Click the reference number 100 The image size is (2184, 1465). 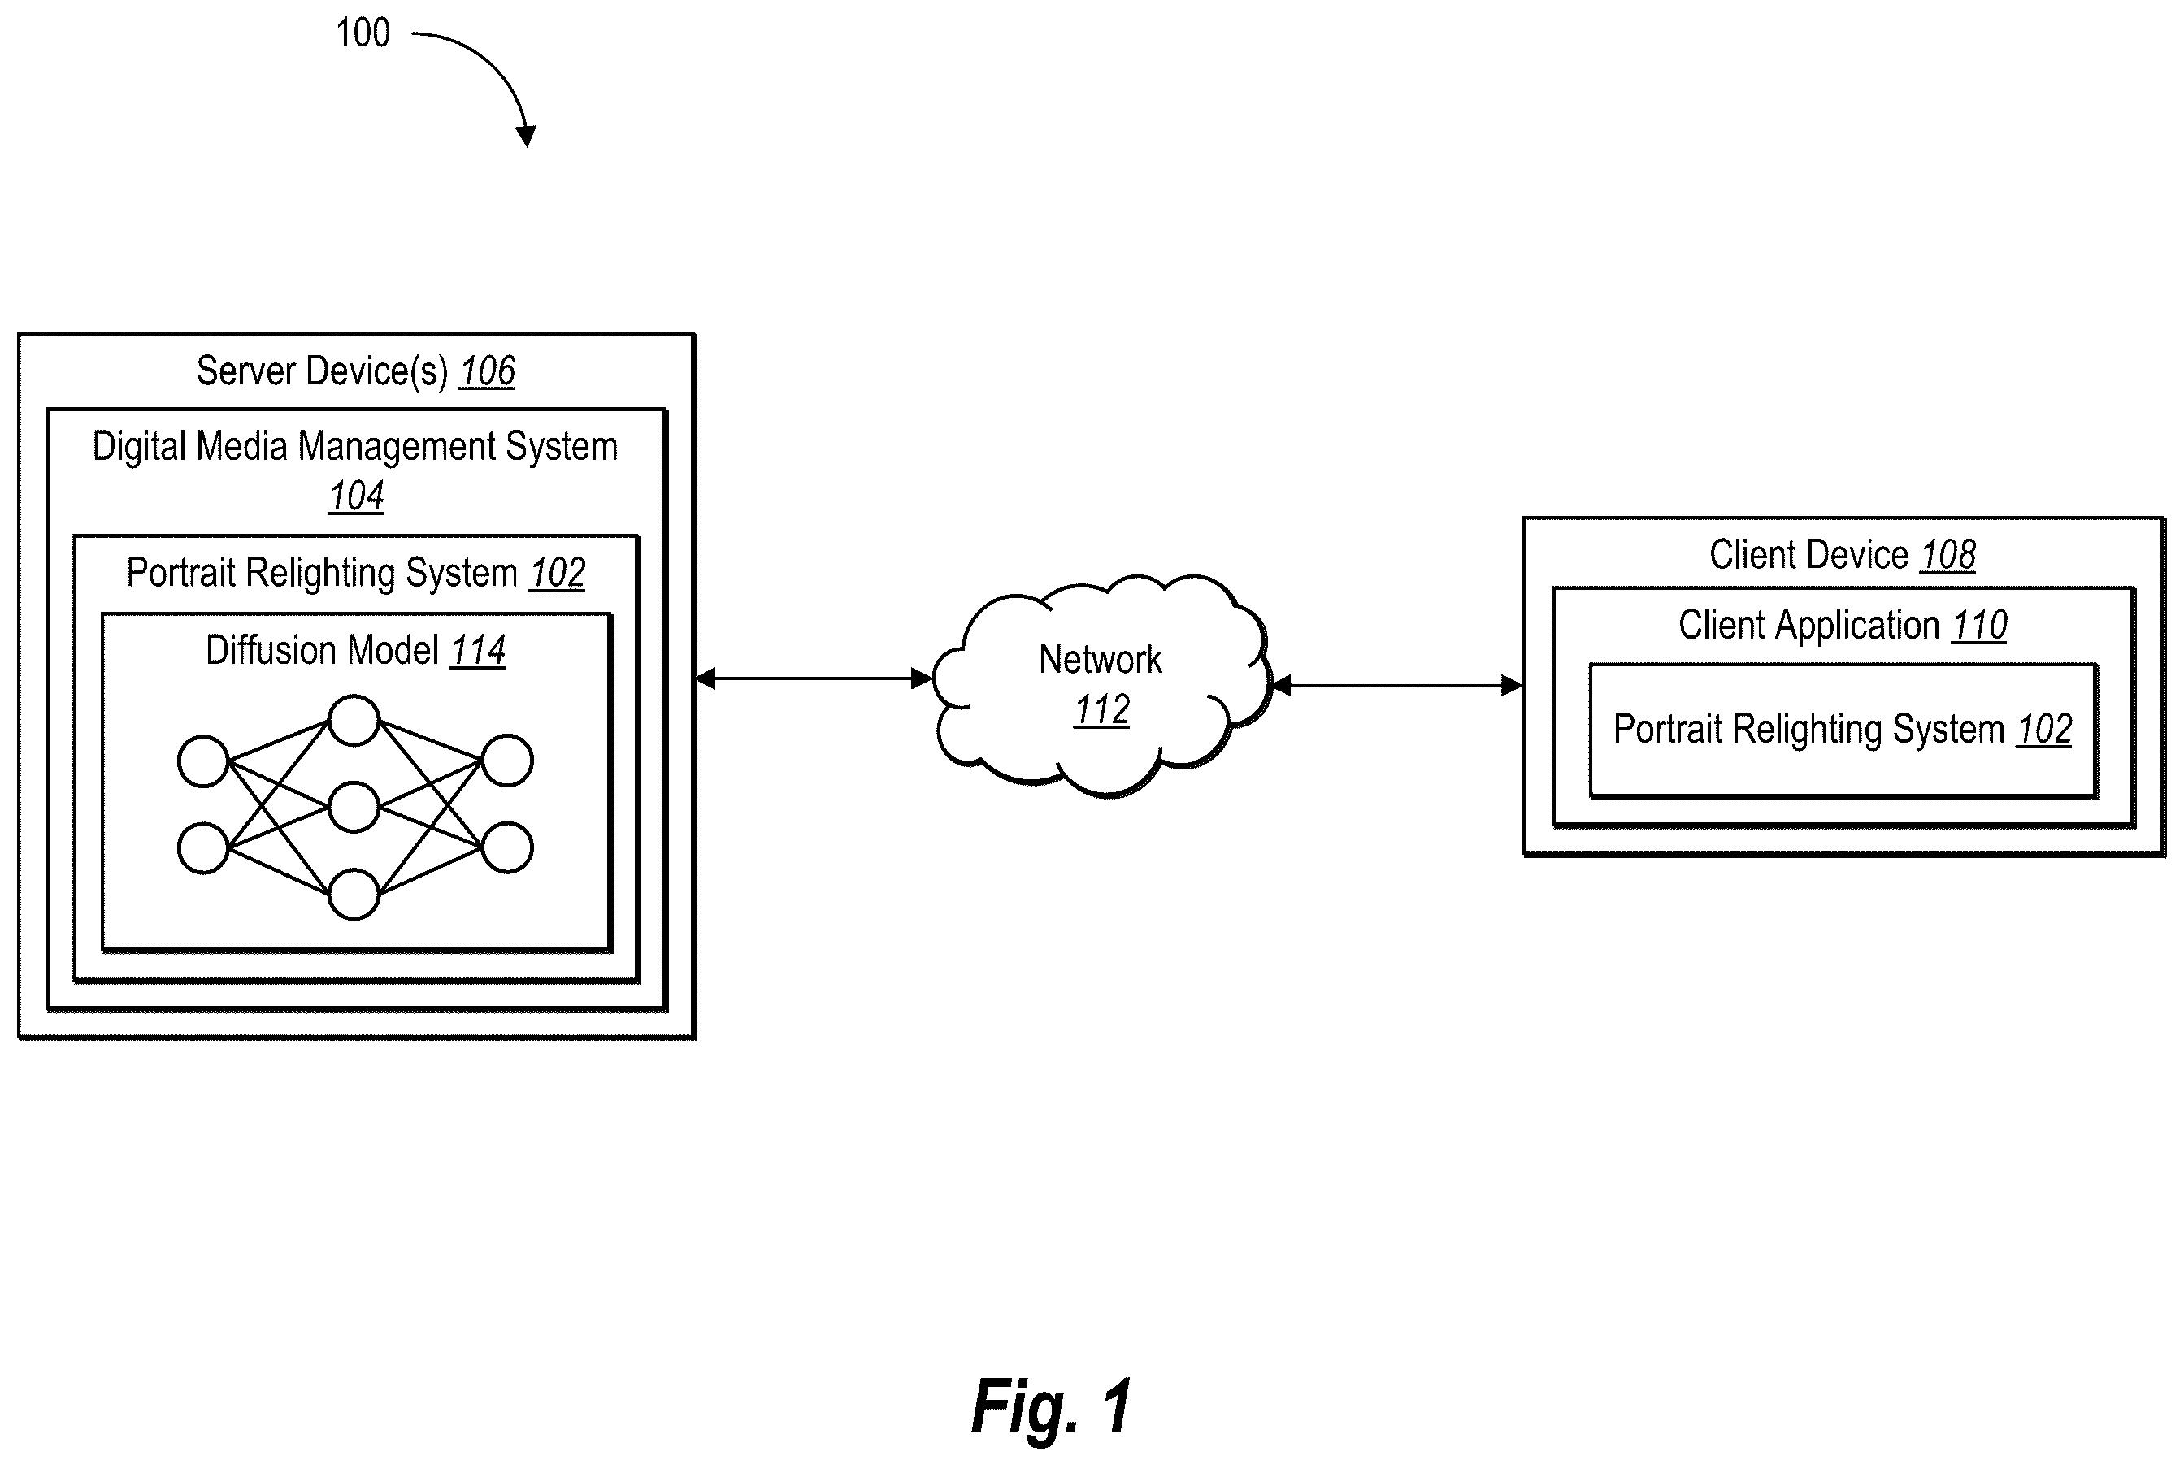point(363,33)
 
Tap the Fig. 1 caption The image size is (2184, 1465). point(1051,1406)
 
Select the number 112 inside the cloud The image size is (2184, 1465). point(1102,710)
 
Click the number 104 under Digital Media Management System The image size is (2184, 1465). point(356,496)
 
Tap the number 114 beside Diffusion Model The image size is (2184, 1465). point(478,650)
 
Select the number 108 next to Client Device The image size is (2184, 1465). point(1947,555)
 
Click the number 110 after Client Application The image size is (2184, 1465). point(1979,625)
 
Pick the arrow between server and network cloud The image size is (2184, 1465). point(814,678)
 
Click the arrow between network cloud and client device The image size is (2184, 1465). point(1398,686)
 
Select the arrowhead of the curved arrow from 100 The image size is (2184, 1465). point(526,136)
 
